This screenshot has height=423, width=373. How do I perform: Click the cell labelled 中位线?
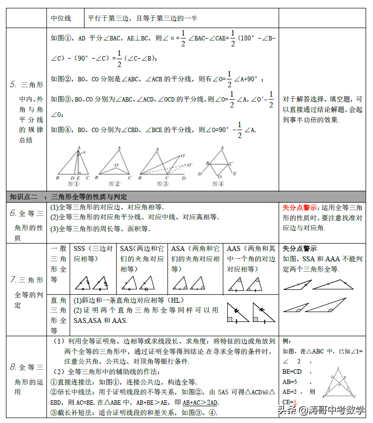tap(61, 19)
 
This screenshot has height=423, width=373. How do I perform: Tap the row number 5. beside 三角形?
tap(13, 84)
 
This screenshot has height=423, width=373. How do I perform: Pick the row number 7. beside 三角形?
tap(14, 280)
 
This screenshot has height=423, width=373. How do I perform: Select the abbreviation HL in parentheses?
tap(174, 300)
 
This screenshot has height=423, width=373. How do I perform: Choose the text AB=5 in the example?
tap(290, 382)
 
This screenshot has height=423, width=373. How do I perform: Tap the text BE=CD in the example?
tap(292, 371)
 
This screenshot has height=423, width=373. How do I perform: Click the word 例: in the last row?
tap(287, 342)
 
